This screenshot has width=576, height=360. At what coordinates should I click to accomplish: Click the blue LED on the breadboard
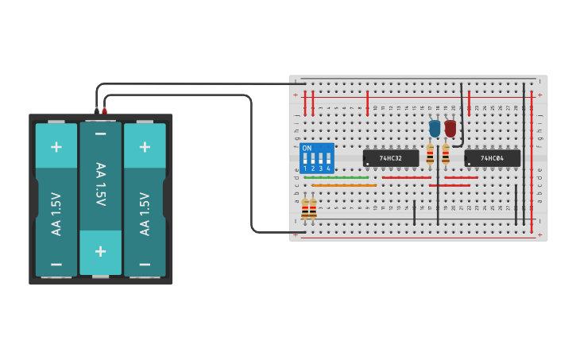(435, 128)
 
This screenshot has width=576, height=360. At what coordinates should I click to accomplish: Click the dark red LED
(450, 128)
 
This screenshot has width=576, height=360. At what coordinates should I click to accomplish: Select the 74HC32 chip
(391, 158)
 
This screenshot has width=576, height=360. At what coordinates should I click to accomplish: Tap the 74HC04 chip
(493, 158)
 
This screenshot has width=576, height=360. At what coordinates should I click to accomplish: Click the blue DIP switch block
(316, 157)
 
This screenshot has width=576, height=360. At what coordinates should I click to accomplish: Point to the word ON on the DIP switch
(307, 149)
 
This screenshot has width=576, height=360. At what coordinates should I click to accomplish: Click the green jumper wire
(336, 177)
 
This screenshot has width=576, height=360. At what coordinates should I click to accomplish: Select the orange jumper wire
(343, 185)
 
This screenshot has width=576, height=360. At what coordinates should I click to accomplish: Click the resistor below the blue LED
(430, 154)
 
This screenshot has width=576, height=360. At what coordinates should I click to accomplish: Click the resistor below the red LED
(446, 154)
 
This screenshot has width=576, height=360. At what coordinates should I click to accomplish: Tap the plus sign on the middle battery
(100, 251)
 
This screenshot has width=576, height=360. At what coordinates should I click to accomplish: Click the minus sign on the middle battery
(100, 135)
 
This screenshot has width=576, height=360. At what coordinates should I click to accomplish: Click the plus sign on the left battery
(56, 147)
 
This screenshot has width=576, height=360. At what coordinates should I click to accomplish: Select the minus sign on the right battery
(145, 264)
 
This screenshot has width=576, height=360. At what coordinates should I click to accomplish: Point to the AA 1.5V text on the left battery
(56, 213)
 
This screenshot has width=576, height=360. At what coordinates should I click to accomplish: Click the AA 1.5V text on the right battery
(145, 213)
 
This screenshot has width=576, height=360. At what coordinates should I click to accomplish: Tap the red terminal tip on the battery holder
(104, 110)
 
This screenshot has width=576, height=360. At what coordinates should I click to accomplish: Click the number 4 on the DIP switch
(327, 168)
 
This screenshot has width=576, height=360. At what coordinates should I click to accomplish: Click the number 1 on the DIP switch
(305, 168)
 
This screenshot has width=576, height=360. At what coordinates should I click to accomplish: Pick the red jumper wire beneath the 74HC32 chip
(406, 177)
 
